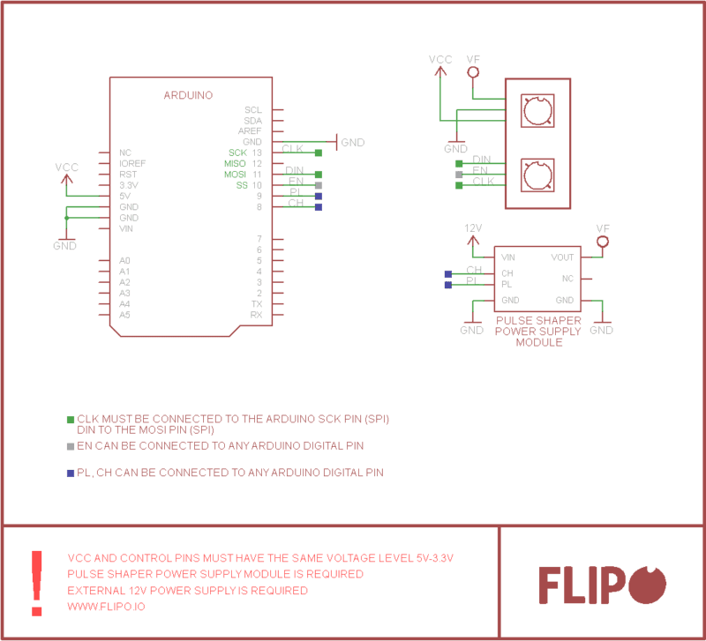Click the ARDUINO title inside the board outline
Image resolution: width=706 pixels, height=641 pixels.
click(188, 95)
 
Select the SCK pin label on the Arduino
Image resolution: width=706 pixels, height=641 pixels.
click(237, 153)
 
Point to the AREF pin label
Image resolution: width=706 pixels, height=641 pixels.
click(250, 131)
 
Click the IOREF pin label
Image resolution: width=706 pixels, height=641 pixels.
click(132, 164)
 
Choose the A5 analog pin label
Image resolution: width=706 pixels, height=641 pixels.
click(125, 315)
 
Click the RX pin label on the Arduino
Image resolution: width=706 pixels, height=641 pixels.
click(256, 315)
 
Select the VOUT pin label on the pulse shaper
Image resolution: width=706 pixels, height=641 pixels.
click(562, 257)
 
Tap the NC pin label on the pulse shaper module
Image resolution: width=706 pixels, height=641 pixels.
click(567, 279)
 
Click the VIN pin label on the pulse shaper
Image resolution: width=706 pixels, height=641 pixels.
click(508, 257)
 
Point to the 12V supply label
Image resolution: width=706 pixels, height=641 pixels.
click(473, 228)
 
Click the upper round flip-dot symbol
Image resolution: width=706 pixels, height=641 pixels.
click(537, 111)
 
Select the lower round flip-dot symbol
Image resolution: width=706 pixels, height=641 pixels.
click(537, 175)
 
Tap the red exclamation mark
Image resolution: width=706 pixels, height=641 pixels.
click(36, 583)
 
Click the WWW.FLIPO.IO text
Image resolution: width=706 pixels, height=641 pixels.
click(107, 607)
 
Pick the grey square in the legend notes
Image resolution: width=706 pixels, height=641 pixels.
click(71, 446)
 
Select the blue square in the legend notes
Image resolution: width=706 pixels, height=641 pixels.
click(71, 473)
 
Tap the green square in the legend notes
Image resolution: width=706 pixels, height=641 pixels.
click(71, 419)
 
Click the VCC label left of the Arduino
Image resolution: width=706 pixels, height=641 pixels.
click(66, 167)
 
